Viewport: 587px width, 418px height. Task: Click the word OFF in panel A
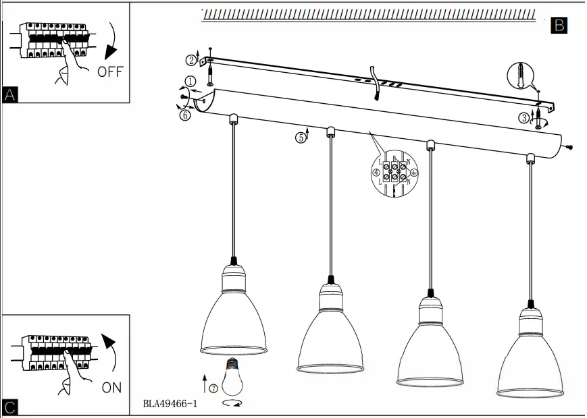pos(110,71)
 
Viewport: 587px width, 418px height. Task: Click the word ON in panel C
pos(111,388)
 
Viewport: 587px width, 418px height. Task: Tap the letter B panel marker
pos(559,26)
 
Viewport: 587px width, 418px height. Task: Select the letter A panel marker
pos(9,95)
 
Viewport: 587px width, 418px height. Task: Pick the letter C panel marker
pos(9,407)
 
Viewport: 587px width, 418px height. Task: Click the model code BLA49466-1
pos(170,405)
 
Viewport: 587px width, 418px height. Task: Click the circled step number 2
pos(191,61)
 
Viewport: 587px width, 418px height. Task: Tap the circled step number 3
pos(524,118)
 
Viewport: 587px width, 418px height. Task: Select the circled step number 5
pos(300,138)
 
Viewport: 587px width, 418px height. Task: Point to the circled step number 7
pos(213,389)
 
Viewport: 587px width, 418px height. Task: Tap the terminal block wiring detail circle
pos(395,173)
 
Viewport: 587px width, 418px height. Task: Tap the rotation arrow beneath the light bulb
pos(232,404)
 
